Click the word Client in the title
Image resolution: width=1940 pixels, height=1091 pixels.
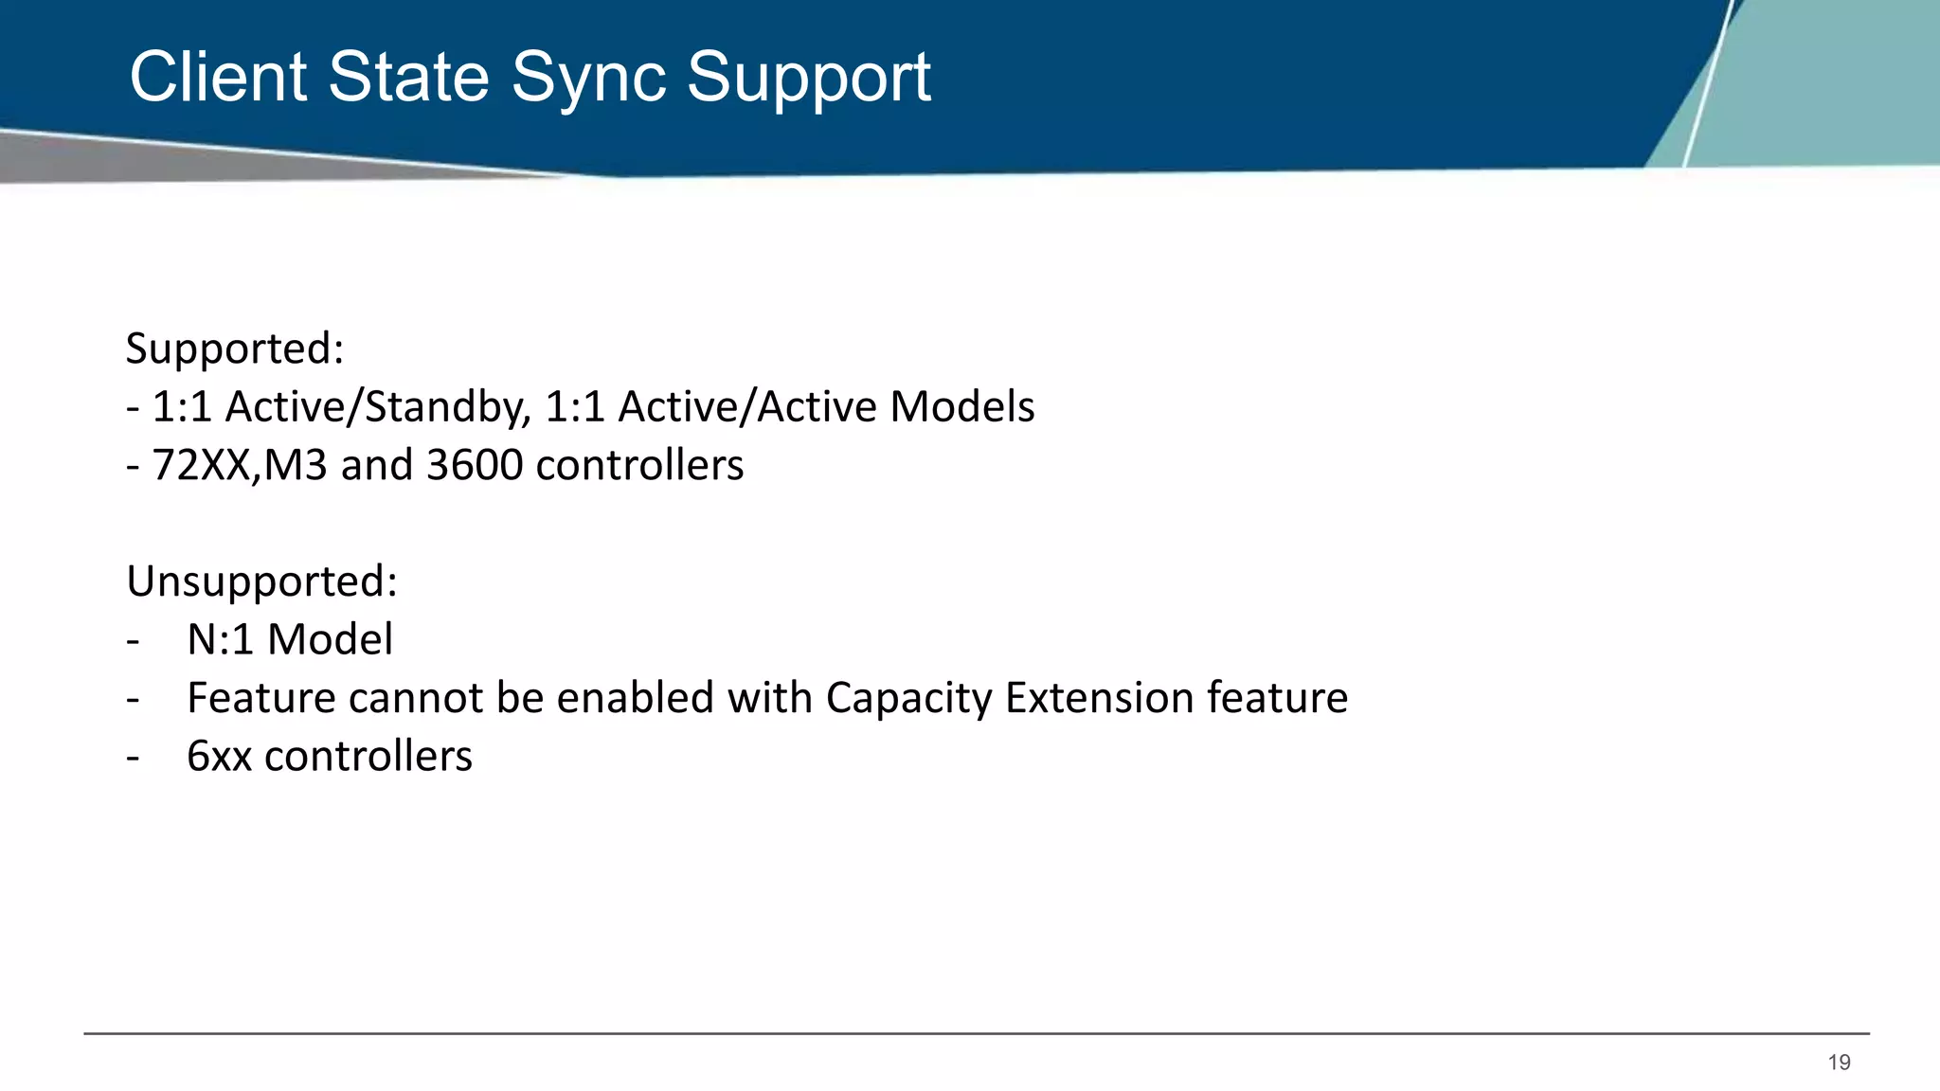click(218, 77)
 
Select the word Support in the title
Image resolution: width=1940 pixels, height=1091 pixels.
click(808, 79)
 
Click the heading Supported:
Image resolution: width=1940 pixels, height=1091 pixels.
click(235, 349)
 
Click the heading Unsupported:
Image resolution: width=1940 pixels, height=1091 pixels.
click(261, 581)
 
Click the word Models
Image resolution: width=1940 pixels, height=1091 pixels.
click(962, 407)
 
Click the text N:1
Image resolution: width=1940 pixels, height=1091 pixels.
click(220, 640)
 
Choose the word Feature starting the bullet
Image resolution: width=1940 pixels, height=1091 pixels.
click(260, 698)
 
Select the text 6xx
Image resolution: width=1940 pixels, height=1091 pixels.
click(219, 757)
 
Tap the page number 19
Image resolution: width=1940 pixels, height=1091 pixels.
click(1839, 1063)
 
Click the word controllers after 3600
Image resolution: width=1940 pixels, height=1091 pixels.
click(639, 465)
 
